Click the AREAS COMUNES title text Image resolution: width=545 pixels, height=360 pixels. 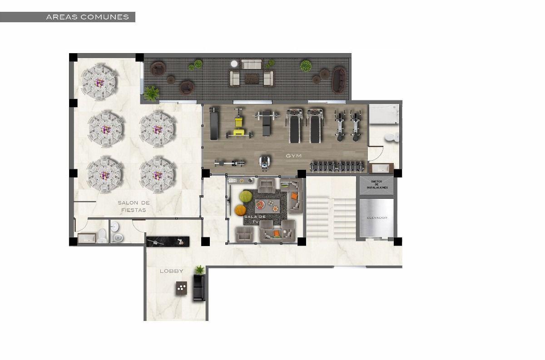tap(87, 17)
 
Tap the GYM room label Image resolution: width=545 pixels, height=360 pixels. tap(294, 156)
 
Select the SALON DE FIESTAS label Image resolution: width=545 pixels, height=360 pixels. tap(134, 206)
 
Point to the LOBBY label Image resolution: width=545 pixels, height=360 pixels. tap(172, 271)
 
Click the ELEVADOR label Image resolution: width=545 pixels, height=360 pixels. tap(377, 218)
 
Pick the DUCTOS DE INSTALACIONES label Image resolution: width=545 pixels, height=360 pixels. tap(377, 185)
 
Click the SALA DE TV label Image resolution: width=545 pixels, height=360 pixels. tap(255, 219)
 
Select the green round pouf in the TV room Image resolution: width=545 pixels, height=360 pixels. tap(246, 196)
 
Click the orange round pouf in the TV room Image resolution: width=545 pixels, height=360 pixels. tap(240, 210)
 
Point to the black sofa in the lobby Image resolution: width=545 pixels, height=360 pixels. tap(199, 287)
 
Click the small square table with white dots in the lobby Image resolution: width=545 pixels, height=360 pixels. tap(182, 288)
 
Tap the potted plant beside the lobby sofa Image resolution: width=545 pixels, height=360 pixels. tap(200, 270)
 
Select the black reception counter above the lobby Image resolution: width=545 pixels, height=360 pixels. tap(168, 242)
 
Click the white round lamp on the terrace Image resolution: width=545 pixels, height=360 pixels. tap(234, 64)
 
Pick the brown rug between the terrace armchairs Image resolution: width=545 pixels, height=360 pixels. tap(252, 79)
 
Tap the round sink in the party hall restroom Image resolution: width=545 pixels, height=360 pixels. tap(114, 227)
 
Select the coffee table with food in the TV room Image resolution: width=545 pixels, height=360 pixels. tap(267, 206)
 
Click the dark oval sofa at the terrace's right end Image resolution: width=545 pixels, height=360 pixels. tap(339, 80)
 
